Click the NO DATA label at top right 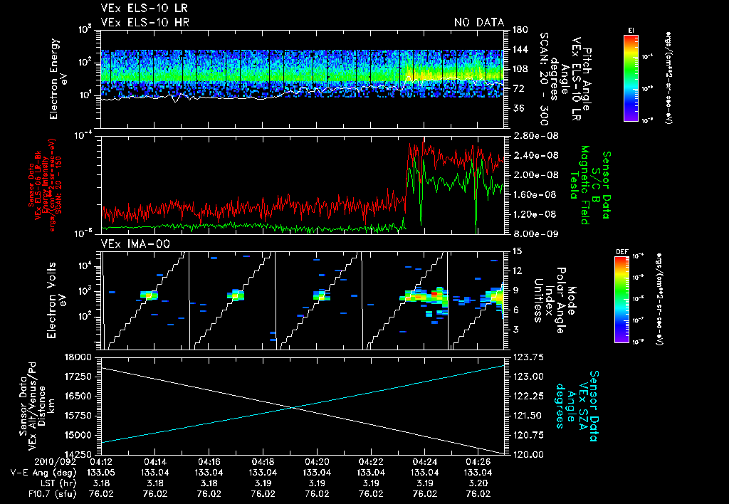tap(478, 22)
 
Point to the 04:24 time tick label tap(424, 461)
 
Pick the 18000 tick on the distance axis tap(83, 357)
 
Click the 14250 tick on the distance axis tap(83, 454)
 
